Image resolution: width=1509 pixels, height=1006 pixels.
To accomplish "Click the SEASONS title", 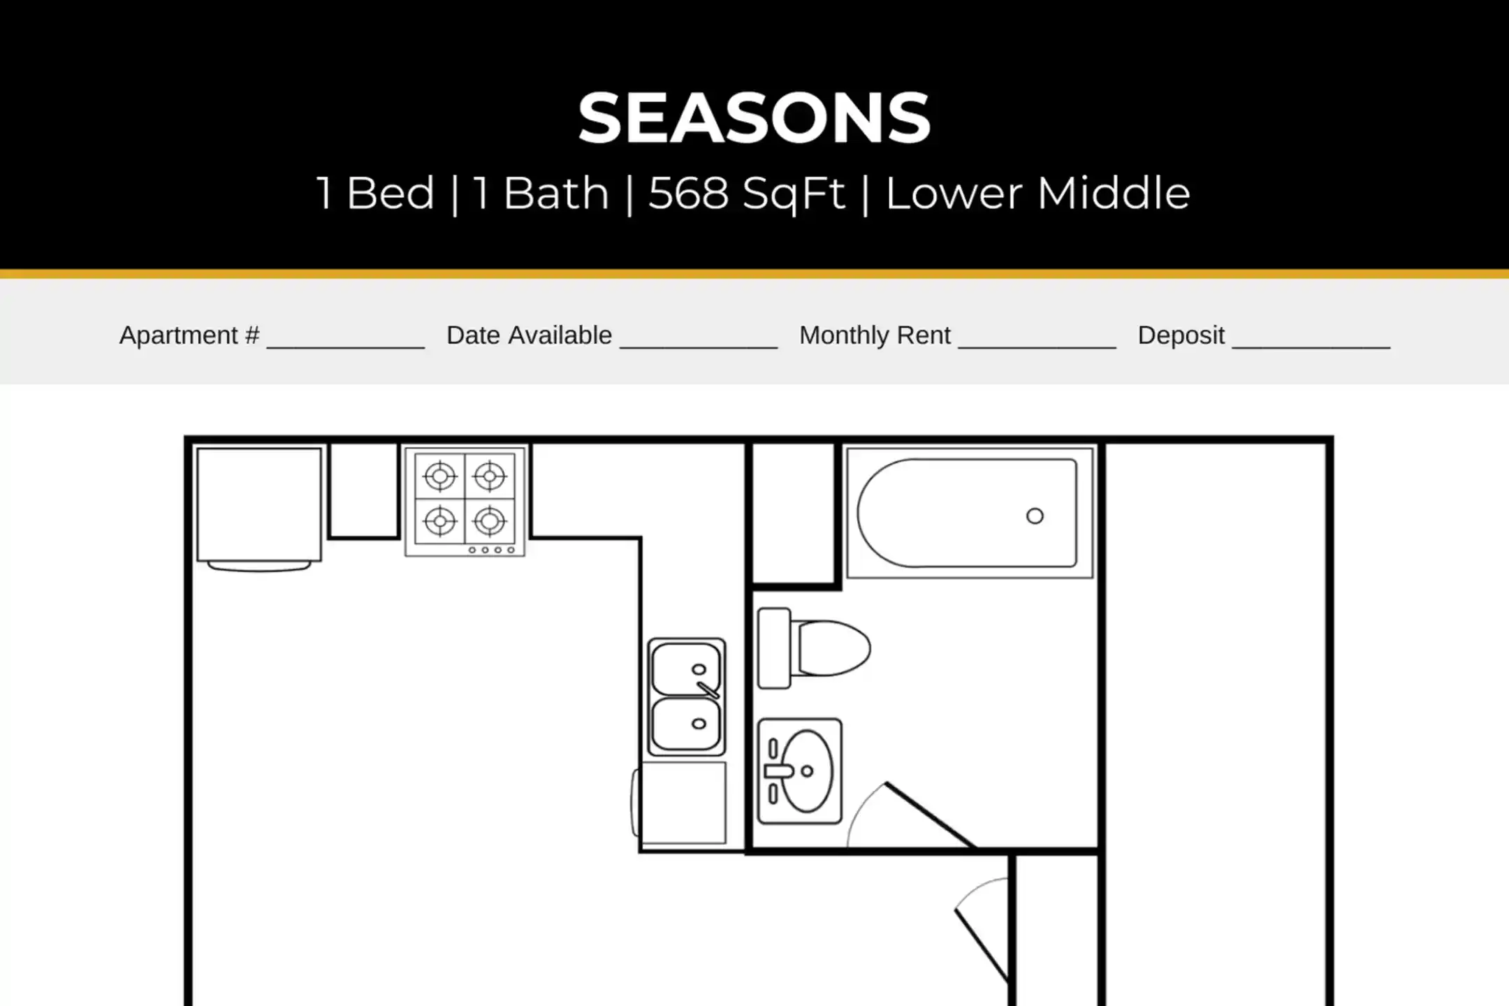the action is [x=754, y=118].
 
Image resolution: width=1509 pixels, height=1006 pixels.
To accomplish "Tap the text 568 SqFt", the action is [x=747, y=194].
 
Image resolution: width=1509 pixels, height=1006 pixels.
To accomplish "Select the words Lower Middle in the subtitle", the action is [x=1038, y=193].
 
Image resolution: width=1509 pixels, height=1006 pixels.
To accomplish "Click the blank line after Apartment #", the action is [x=346, y=347].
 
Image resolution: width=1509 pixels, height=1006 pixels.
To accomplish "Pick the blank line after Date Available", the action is [x=699, y=347].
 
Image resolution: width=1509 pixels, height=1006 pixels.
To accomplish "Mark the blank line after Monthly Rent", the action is [x=1037, y=347].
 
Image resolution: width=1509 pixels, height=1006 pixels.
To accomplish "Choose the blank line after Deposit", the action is [x=1311, y=347].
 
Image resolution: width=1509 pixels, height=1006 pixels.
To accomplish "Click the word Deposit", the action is [x=1181, y=335].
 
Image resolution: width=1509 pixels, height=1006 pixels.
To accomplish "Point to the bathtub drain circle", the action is [x=1035, y=516].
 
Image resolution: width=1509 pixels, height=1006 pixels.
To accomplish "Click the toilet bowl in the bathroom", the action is [x=831, y=648].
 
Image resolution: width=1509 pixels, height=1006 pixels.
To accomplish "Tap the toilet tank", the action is [x=774, y=648].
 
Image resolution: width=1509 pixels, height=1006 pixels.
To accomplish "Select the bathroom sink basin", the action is [x=807, y=771].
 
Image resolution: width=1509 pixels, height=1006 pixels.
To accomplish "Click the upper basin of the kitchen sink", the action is [x=686, y=669].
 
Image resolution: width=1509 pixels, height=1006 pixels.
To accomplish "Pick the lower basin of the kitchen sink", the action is [x=686, y=724].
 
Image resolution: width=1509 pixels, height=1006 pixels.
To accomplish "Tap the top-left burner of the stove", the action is [x=440, y=476].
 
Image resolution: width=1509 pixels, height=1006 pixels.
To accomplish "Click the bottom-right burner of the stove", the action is [x=490, y=521].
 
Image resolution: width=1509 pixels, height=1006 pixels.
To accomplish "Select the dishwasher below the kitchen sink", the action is [x=680, y=803].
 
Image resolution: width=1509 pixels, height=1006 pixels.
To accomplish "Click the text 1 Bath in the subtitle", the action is [x=541, y=194].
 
